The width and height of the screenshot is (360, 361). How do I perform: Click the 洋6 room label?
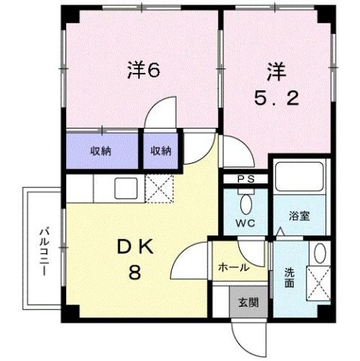(x=144, y=71)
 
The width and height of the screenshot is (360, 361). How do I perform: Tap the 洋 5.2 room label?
(x=274, y=84)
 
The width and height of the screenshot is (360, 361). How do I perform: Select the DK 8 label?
(x=133, y=258)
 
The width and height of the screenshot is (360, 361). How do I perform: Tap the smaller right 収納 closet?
(x=161, y=150)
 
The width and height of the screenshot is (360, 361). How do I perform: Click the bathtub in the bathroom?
(x=300, y=177)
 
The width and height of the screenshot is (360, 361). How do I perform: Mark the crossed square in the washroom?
(x=319, y=284)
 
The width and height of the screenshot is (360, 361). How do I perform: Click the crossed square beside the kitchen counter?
(x=158, y=187)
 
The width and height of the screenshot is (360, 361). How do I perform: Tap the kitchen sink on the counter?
(x=125, y=187)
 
